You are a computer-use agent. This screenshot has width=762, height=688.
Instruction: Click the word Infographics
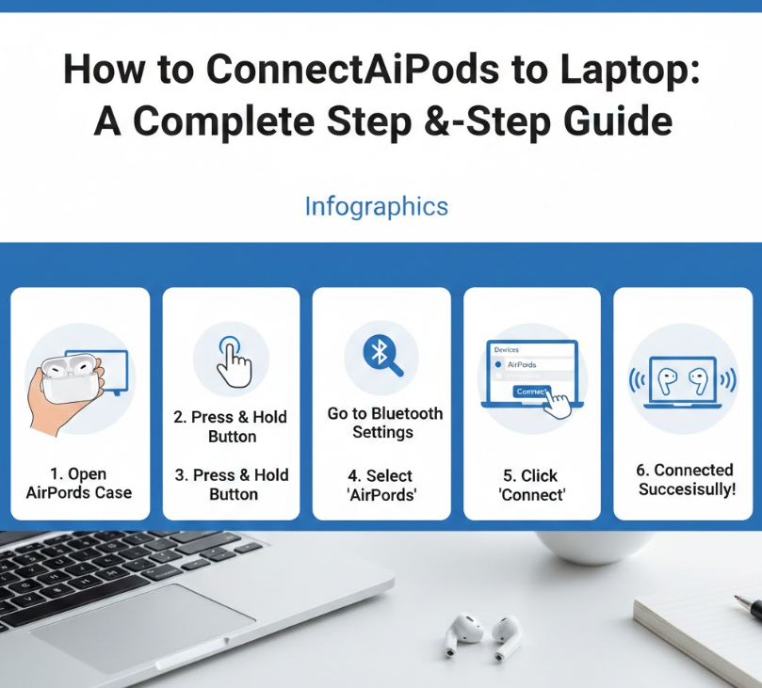[376, 206]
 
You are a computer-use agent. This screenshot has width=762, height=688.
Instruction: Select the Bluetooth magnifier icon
[381, 355]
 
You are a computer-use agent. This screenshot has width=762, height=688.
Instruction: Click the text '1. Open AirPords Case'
[79, 483]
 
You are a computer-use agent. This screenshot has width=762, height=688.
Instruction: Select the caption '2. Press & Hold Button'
[231, 426]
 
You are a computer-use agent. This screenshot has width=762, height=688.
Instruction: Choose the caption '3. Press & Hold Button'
[232, 484]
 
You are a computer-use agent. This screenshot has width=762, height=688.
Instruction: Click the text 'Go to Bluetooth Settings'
[384, 423]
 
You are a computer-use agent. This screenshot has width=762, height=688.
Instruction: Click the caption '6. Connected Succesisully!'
[687, 479]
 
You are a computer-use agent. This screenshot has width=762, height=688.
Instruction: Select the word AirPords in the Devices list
[522, 365]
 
